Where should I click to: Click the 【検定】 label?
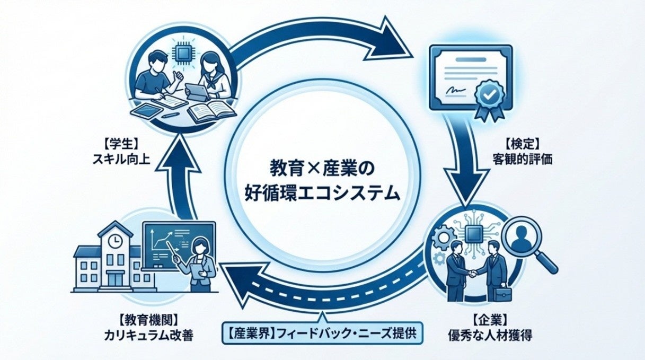(523, 143)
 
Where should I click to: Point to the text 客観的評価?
(523, 158)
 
